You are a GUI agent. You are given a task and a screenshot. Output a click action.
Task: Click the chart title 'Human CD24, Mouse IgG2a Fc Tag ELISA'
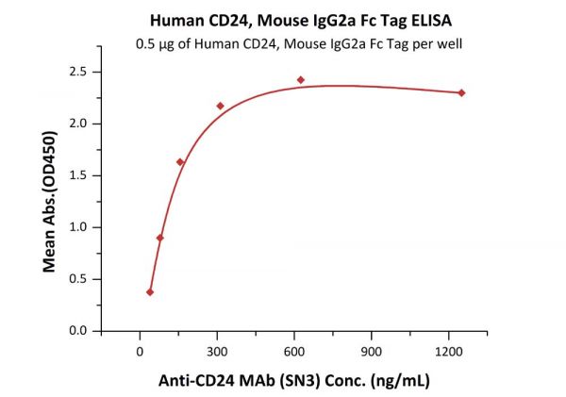coord(283,18)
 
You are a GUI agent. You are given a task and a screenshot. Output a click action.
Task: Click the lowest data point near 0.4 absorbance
coord(150,292)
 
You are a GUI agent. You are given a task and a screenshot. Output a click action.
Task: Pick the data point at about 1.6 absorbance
coord(180,162)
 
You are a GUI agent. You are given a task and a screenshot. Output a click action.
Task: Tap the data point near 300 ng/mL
coord(220,106)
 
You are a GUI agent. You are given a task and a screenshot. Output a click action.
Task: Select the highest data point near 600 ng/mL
coord(301,80)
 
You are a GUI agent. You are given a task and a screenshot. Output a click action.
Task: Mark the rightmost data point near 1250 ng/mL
coord(461,92)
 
